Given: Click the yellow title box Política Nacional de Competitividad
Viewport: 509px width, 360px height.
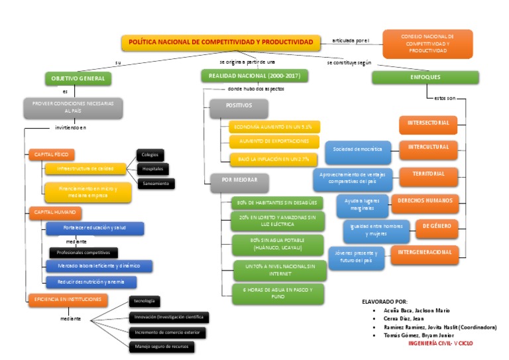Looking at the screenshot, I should pos(220,42).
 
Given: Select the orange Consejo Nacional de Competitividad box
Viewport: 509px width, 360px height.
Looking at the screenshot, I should pos(427,44).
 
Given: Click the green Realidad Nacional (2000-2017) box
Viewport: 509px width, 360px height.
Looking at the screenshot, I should pos(254,76).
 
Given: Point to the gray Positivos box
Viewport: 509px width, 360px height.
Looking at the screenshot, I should pos(239,106).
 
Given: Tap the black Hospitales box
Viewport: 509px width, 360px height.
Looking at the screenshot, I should pos(152,169).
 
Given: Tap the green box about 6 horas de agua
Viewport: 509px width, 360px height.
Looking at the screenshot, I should pos(278,292).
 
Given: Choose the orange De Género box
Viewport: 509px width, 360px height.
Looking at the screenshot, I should pos(437,226).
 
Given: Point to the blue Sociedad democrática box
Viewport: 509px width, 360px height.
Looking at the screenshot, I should pos(358,150).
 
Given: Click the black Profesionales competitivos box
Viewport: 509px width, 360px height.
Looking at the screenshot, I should pos(84,253).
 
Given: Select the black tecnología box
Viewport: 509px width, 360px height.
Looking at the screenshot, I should pos(144,302).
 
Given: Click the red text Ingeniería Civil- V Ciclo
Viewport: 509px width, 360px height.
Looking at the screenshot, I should pos(441,343).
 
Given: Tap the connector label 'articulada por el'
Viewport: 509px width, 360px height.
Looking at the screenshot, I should pos(349,40).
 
